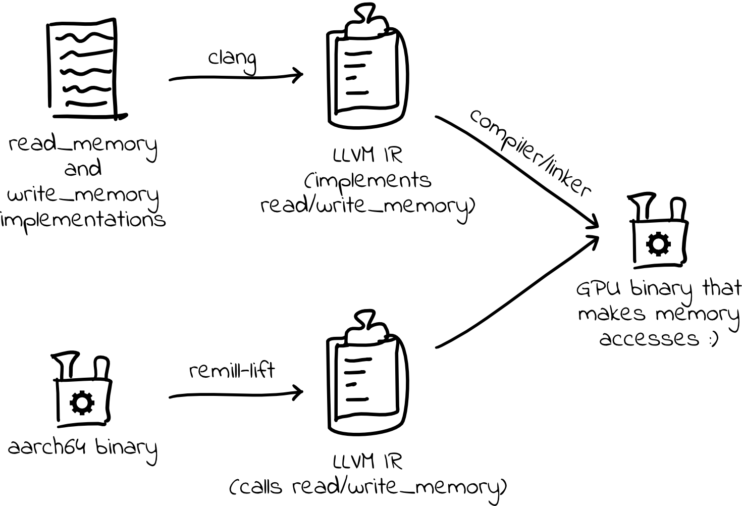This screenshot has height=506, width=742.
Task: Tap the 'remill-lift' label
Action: tap(232, 371)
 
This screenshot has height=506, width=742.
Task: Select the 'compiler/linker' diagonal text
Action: tap(530, 152)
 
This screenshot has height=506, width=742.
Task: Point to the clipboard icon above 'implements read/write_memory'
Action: tap(366, 76)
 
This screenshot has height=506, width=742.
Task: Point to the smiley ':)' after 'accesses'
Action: tap(712, 339)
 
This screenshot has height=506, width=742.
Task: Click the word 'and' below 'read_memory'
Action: tap(83, 168)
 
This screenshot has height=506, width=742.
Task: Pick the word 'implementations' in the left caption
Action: tap(84, 220)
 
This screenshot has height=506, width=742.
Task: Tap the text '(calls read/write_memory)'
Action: tap(367, 487)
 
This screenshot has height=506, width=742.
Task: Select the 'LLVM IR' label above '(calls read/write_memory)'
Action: tap(367, 462)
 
